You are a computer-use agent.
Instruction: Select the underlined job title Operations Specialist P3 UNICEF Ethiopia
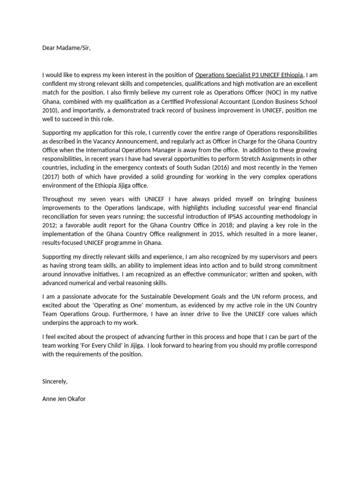[249, 74]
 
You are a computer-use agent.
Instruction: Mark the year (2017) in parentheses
[51, 177]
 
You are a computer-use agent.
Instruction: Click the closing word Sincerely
[55, 381]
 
